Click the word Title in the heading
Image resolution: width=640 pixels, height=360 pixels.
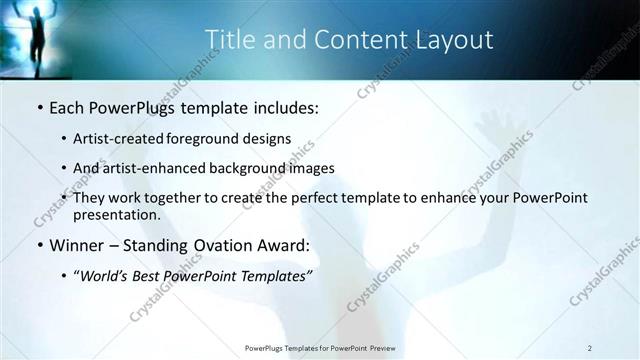[x=227, y=39]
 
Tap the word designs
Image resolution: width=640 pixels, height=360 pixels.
[x=270, y=139]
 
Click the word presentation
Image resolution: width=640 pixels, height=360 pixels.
[x=116, y=214]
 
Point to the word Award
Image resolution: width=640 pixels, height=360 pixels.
[x=285, y=245]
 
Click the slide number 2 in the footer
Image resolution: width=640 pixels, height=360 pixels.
[x=590, y=348]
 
